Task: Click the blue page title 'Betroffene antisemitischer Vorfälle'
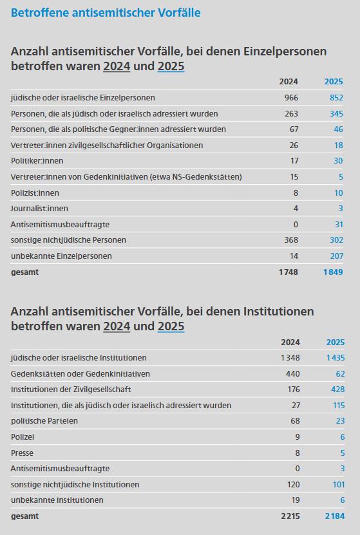click(106, 13)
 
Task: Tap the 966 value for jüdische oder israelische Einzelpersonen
click(291, 98)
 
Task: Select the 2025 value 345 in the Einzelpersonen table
click(336, 113)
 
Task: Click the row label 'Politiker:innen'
click(37, 161)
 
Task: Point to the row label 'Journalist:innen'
click(39, 208)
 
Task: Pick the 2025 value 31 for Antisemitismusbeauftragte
click(339, 224)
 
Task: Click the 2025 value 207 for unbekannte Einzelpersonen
click(336, 256)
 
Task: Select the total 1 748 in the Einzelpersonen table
click(289, 272)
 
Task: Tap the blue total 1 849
click(334, 272)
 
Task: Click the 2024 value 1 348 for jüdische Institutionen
click(290, 357)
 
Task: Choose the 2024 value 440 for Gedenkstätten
click(293, 373)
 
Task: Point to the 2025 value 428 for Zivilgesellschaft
click(338, 390)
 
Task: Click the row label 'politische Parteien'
click(44, 420)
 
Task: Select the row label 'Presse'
click(22, 453)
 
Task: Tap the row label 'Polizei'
click(23, 436)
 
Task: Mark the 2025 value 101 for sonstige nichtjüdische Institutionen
click(339, 485)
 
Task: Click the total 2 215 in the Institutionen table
click(290, 516)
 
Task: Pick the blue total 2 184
click(335, 516)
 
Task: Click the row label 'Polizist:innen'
click(35, 192)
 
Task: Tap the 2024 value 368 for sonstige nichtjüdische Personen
click(291, 240)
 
